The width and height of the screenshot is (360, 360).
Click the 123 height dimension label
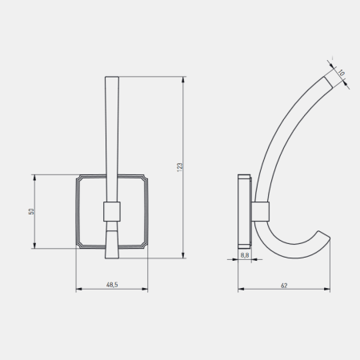(x=180, y=167)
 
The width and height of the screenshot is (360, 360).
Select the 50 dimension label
(x=31, y=211)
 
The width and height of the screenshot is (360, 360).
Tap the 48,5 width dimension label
(x=112, y=285)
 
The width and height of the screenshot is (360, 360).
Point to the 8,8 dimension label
(x=245, y=255)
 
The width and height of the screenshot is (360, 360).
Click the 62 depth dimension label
(x=284, y=286)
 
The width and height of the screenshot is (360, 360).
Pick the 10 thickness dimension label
(x=341, y=73)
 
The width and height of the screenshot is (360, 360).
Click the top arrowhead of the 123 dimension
(x=183, y=80)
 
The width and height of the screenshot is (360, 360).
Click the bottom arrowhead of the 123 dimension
(x=183, y=255)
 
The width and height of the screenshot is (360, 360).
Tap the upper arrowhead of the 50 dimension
(x=34, y=178)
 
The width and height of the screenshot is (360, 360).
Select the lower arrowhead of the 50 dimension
(x=34, y=245)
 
